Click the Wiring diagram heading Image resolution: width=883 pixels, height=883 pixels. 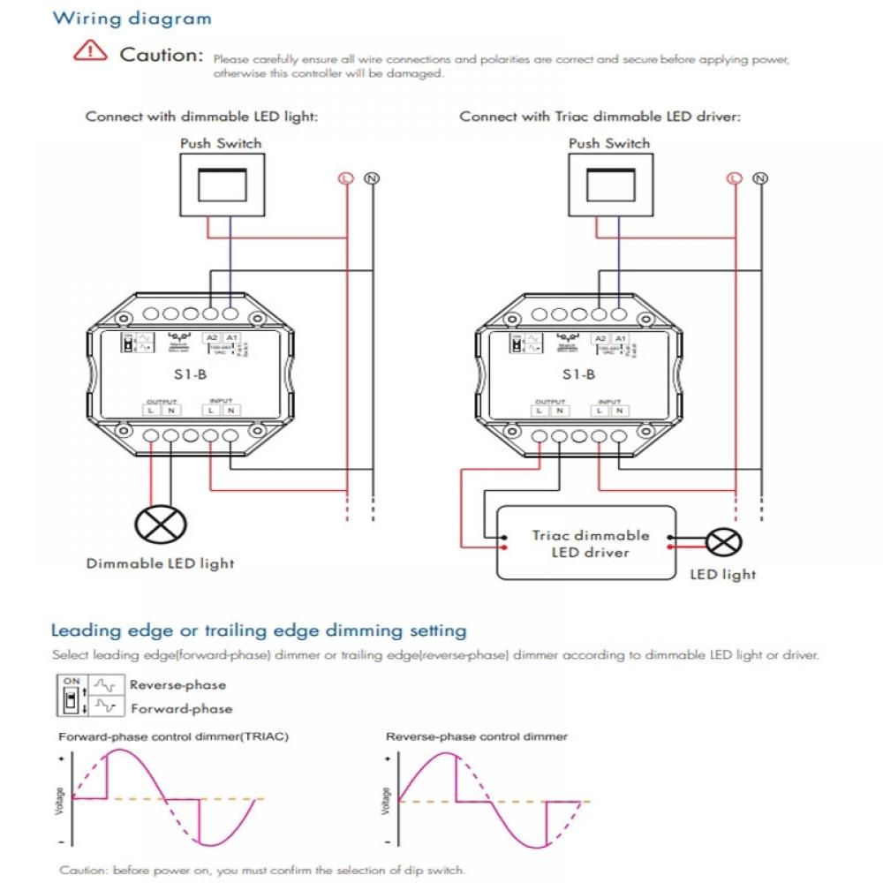coord(132,18)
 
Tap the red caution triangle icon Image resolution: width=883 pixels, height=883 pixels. coord(89,52)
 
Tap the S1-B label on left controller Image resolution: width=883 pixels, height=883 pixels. coord(190,374)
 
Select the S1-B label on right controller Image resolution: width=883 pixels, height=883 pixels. coord(578,374)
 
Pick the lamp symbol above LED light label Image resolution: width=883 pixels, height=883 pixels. coord(724,543)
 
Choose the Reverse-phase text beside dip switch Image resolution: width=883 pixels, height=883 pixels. coord(177,685)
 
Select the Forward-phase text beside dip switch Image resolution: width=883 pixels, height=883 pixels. coord(181,708)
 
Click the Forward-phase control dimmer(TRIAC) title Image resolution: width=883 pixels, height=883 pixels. coord(173,736)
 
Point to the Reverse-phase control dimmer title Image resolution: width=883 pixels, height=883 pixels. coord(476,736)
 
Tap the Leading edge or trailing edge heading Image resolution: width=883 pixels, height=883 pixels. coord(258,630)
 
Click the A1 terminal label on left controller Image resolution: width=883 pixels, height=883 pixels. coord(230,338)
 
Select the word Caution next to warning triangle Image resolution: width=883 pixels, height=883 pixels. coord(162,55)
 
